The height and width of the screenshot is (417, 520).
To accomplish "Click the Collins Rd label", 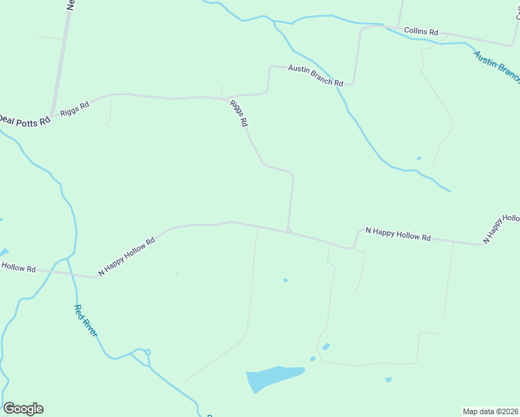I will click(421, 32).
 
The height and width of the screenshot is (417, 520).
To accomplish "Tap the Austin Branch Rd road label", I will click(316, 75).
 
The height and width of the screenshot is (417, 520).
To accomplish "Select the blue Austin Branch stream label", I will click(496, 67).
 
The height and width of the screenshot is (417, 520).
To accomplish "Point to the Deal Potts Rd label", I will click(25, 120).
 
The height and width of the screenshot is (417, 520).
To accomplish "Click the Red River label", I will click(86, 321).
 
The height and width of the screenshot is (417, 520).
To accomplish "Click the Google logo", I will click(23, 409).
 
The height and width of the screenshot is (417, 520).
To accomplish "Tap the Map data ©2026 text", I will click(490, 411).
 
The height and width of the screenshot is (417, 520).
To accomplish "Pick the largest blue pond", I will click(273, 377).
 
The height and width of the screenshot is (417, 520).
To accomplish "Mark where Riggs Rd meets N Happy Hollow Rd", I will click(288, 230).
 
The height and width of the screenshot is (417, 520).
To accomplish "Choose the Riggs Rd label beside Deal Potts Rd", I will click(75, 108).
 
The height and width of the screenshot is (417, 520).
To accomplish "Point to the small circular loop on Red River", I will click(148, 352).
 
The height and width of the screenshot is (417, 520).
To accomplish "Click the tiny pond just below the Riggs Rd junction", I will click(285, 280).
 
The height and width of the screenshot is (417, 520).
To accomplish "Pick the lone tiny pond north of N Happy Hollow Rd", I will click(419, 158).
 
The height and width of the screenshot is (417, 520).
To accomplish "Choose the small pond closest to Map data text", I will click(388, 379).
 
